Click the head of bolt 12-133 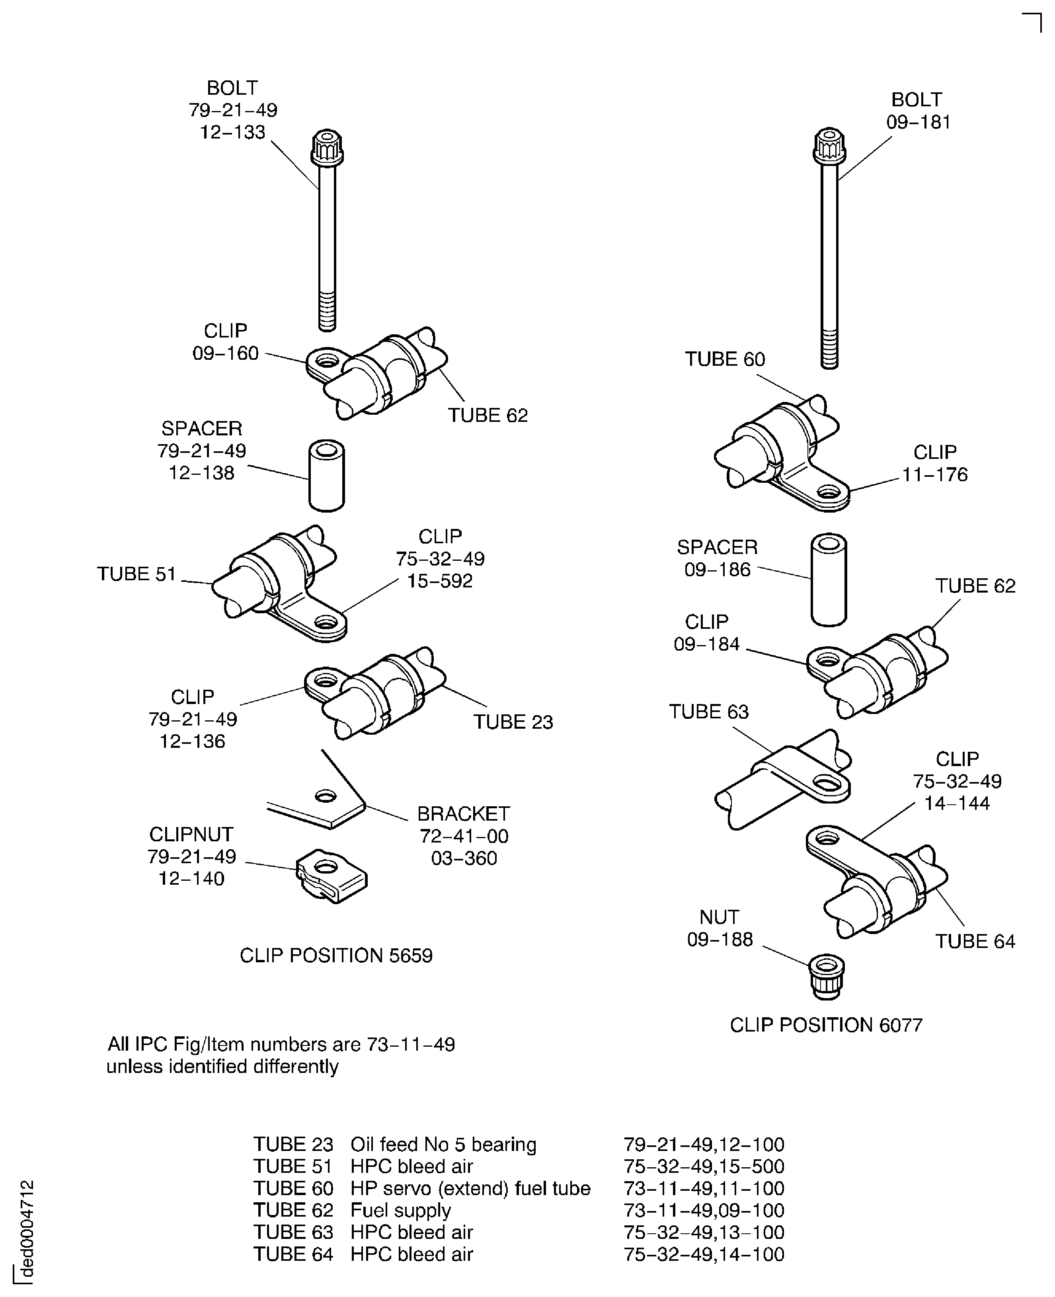[x=327, y=148]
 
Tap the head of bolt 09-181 [x=829, y=146]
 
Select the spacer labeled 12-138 [x=326, y=476]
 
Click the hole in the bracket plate [x=326, y=796]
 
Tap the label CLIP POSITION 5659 [x=336, y=956]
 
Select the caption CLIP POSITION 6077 [x=826, y=1025]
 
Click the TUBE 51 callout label [x=137, y=574]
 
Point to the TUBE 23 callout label [x=513, y=722]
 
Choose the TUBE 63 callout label [x=709, y=711]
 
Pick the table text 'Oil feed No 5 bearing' [x=443, y=1145]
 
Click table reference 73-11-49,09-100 [x=704, y=1210]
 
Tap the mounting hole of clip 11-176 [x=828, y=490]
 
